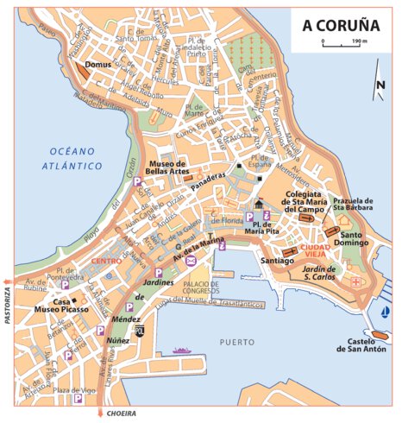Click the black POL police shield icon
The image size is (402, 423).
pos(141,330)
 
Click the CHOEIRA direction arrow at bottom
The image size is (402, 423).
pos(102,413)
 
